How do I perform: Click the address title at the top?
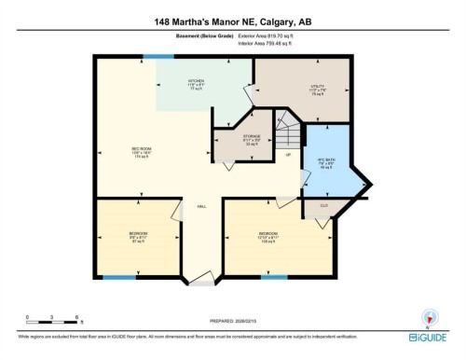(x=232, y=20)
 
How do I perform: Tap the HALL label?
(x=201, y=207)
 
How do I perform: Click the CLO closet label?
(x=323, y=205)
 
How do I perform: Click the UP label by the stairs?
(x=289, y=154)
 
